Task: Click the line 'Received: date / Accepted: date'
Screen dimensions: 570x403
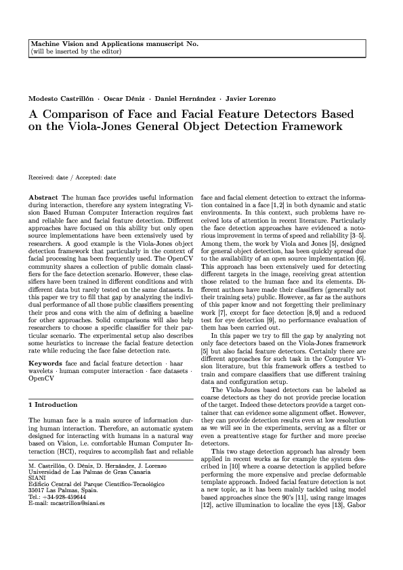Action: tap(72, 177)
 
